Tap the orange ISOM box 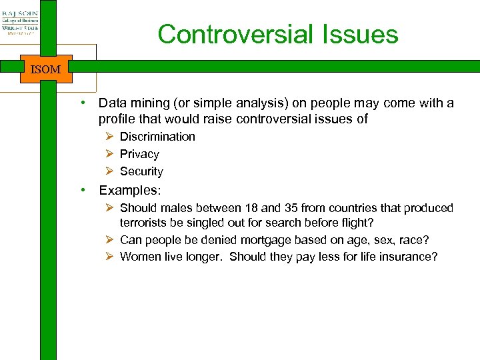(x=45, y=69)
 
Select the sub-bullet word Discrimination (x=157, y=137)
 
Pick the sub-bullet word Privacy (x=139, y=154)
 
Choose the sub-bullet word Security (x=141, y=171)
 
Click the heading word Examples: (x=130, y=190)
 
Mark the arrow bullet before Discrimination (x=110, y=137)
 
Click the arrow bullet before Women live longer (x=110, y=257)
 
